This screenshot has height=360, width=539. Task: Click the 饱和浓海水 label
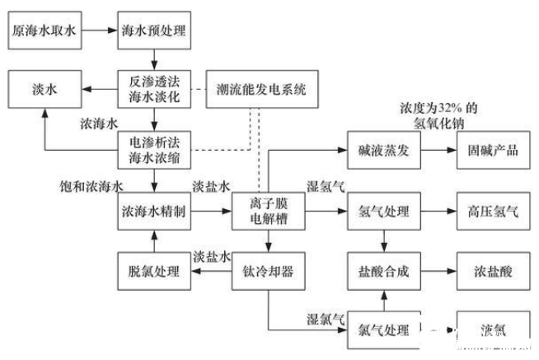(x=91, y=185)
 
